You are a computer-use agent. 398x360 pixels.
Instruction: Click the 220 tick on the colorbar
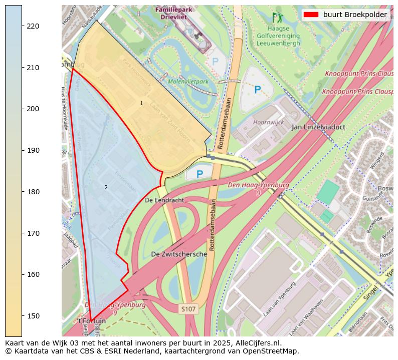(22, 26)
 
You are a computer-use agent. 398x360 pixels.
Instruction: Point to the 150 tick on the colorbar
(22, 316)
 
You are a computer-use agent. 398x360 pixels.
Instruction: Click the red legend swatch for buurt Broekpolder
(311, 15)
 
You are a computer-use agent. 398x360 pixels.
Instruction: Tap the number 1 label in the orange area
(141, 103)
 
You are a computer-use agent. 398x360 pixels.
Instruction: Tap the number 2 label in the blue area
(106, 188)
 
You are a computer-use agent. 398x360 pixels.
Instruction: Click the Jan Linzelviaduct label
(318, 127)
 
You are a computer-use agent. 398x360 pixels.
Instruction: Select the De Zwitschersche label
(179, 254)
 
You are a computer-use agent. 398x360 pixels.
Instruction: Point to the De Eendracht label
(164, 200)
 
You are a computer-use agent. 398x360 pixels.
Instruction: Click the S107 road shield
(188, 309)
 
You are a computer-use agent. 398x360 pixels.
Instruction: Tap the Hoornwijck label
(268, 122)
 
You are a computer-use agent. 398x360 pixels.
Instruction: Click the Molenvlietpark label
(188, 81)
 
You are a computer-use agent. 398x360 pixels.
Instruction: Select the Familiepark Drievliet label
(170, 13)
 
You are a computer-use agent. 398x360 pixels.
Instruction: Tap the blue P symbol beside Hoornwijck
(257, 90)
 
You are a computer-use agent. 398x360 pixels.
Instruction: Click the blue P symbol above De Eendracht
(200, 174)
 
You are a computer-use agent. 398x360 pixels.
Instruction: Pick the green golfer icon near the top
(277, 18)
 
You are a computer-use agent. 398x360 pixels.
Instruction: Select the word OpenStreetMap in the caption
(274, 351)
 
